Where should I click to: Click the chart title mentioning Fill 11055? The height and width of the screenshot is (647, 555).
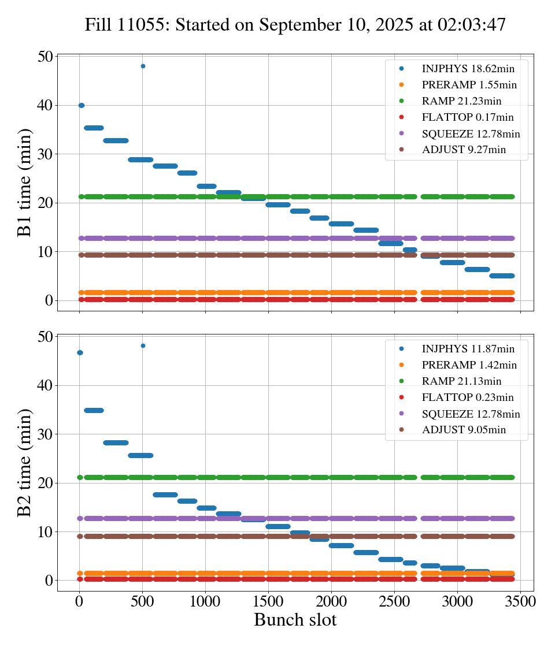click(x=295, y=25)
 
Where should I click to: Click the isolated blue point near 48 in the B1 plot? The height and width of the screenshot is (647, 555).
click(x=143, y=66)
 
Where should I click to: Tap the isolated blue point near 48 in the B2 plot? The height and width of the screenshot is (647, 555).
click(x=143, y=345)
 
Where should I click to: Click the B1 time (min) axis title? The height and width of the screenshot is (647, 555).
click(x=24, y=183)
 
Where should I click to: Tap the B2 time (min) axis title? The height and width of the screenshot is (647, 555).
click(x=24, y=463)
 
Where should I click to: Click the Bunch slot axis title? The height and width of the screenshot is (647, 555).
click(x=295, y=620)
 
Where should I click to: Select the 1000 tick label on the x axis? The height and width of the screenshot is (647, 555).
click(x=205, y=601)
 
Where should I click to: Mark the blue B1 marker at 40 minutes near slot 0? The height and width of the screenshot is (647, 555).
click(x=81, y=105)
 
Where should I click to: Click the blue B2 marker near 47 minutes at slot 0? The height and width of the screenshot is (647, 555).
click(x=80, y=352)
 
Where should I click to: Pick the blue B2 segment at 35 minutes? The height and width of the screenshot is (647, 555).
click(x=94, y=410)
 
